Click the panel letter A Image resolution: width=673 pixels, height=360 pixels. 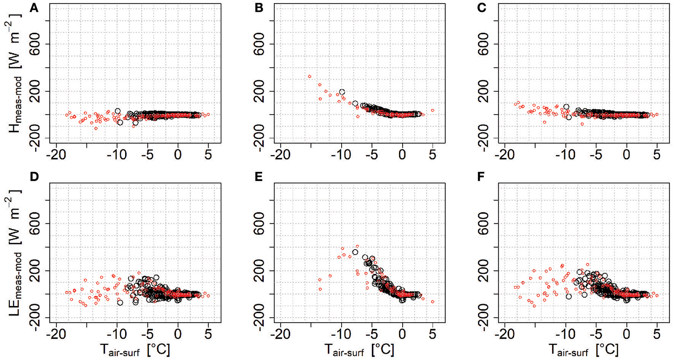[34, 8]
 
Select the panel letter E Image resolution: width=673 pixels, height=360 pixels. [258, 177]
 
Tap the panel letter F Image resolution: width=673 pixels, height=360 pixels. [482, 177]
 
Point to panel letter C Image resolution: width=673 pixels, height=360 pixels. [482, 8]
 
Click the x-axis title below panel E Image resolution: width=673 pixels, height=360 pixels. [359, 349]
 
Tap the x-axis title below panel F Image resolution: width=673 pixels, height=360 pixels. [583, 349]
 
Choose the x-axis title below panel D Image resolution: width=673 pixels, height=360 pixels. [135, 349]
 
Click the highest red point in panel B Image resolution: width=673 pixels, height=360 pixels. [310, 76]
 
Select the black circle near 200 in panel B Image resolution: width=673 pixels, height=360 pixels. [342, 92]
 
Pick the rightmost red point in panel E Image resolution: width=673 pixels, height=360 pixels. [433, 302]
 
